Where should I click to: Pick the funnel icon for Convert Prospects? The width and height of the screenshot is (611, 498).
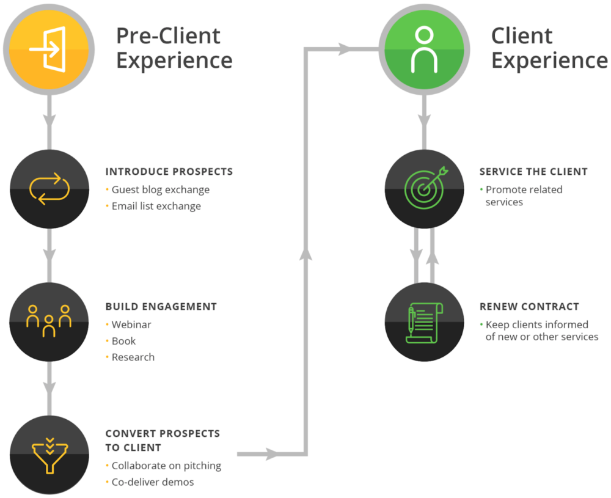[49, 454]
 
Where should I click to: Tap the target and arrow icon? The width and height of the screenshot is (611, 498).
[424, 188]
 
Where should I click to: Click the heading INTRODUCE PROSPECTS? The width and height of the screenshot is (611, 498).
[169, 172]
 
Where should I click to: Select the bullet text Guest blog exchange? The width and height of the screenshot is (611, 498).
[160, 189]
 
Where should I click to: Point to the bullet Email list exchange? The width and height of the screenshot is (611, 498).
[156, 206]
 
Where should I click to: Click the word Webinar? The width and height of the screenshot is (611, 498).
[131, 324]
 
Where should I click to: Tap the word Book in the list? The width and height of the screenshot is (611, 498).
[123, 341]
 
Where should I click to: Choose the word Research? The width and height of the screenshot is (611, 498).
[133, 357]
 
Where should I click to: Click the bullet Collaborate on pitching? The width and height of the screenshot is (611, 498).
[166, 466]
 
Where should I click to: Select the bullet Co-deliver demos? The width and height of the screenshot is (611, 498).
[153, 482]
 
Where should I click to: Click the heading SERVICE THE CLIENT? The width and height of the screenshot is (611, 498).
[533, 172]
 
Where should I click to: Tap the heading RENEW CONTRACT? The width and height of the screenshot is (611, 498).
[529, 307]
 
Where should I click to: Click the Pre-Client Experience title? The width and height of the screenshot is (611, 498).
[174, 49]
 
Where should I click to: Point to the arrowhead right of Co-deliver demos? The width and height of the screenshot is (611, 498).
[271, 454]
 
